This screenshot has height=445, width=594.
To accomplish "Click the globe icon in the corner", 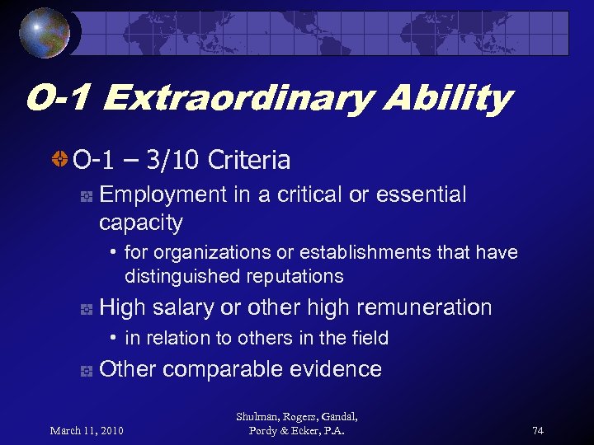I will click(46, 32).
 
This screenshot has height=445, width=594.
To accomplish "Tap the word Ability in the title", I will click(453, 99).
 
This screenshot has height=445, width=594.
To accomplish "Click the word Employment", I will click(163, 194).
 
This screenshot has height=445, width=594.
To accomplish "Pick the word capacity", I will click(140, 222).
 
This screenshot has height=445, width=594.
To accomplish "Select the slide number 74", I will click(538, 430).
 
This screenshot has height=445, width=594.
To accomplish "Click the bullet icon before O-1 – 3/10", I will click(59, 159).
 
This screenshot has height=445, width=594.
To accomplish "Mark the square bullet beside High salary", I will click(85, 309).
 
